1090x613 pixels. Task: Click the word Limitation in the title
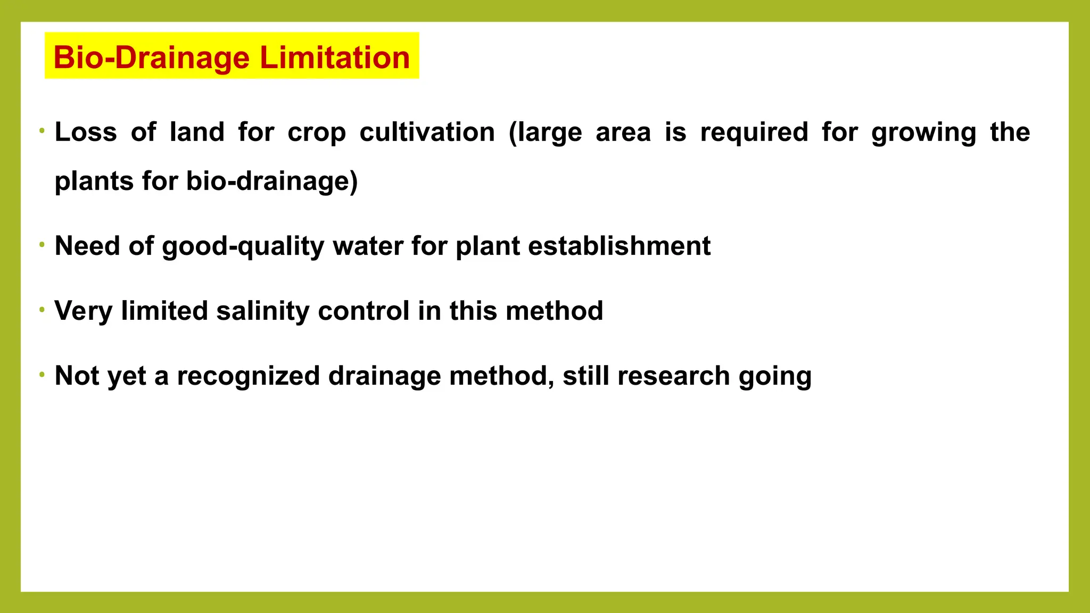point(335,57)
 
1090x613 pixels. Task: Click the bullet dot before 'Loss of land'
point(42,131)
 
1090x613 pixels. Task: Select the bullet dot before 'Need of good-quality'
point(42,245)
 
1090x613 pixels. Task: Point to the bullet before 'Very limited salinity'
point(42,310)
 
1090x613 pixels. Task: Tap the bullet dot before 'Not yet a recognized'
point(42,375)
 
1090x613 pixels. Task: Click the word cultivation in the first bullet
point(427,132)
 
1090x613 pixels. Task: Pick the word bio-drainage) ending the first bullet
point(271,181)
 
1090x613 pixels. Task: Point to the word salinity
point(262,311)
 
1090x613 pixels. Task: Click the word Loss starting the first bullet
point(86,132)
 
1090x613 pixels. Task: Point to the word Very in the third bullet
point(83,311)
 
